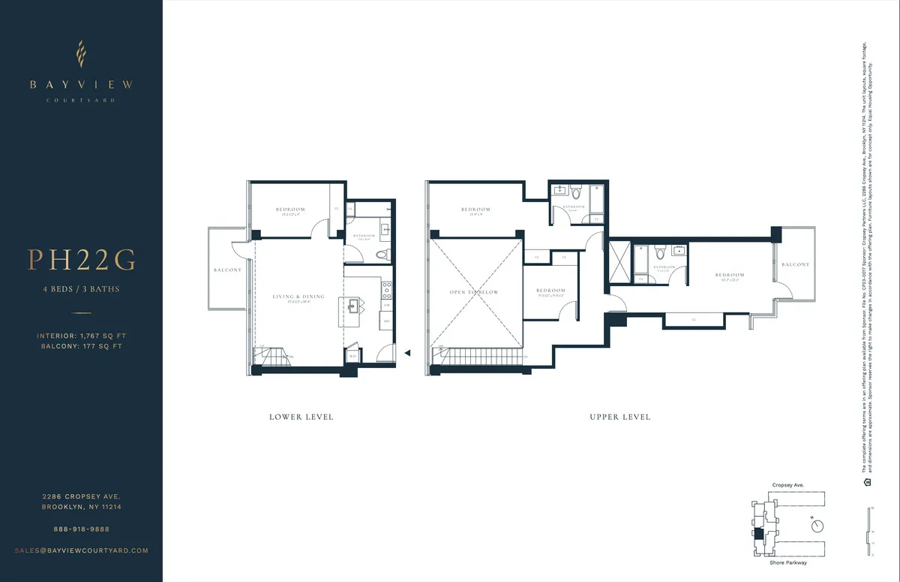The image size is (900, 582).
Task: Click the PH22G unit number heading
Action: (x=82, y=260)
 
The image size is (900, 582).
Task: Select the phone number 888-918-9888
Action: (x=82, y=529)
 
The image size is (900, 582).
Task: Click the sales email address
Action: (x=82, y=550)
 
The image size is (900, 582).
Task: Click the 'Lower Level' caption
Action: (x=301, y=417)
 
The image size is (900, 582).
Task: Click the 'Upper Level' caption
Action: (x=619, y=417)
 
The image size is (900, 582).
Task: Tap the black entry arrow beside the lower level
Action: (x=407, y=351)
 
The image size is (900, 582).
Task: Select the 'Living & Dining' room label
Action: (x=298, y=297)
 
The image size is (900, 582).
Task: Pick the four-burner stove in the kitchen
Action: (x=386, y=287)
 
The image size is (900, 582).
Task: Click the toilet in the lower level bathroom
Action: (x=381, y=255)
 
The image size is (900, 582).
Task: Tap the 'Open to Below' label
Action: (x=474, y=292)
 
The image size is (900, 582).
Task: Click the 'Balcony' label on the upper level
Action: (x=795, y=265)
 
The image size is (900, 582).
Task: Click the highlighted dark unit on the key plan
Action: (x=757, y=534)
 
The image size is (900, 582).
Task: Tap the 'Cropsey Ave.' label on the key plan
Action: (x=787, y=486)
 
